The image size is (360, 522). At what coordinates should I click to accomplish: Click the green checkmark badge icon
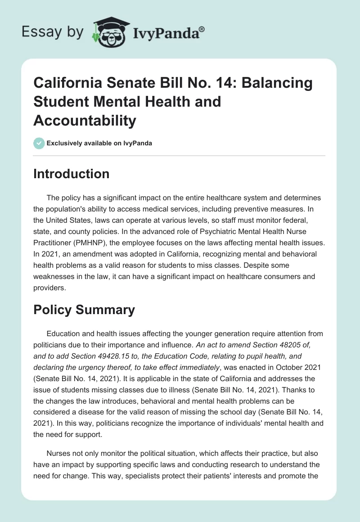39,143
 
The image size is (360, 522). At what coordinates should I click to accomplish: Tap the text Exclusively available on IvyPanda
99,143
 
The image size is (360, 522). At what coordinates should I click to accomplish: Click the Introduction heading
71,174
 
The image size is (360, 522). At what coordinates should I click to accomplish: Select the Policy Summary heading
84,310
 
